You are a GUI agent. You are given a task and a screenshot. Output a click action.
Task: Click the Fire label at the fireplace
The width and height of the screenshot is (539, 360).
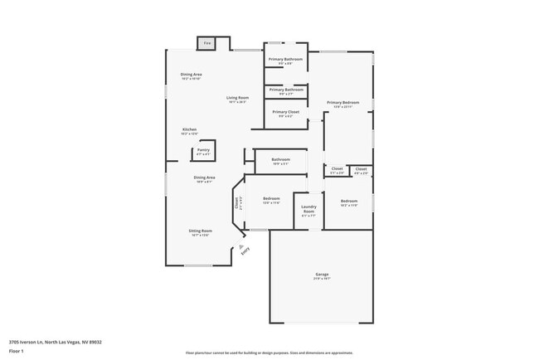[x=206, y=41]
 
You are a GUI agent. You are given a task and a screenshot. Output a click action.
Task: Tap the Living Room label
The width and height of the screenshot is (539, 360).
[x=238, y=98]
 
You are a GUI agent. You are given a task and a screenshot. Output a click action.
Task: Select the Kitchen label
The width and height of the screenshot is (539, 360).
[x=190, y=129]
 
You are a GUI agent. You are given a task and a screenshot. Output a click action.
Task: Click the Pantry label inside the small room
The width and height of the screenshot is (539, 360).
[x=203, y=150]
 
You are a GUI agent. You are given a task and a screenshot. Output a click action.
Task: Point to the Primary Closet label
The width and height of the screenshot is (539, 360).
[x=286, y=111]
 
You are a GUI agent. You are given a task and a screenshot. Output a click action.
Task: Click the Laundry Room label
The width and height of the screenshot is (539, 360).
[x=308, y=210]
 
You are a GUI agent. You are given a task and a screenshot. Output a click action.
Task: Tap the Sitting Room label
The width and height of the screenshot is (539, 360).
[x=202, y=231]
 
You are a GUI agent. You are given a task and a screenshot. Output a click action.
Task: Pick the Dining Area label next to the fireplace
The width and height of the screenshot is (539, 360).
[x=192, y=75]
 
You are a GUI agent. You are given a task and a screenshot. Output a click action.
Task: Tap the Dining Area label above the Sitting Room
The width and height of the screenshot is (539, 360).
[x=204, y=178]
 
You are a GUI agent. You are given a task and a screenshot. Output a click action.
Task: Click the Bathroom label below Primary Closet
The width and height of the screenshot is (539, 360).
[x=280, y=159]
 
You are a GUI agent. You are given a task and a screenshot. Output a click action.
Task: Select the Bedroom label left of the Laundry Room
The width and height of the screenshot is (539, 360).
[x=272, y=199]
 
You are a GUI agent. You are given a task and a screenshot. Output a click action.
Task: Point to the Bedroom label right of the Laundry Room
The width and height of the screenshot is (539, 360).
[x=348, y=202]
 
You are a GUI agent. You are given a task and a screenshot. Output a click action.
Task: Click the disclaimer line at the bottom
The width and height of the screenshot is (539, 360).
[x=269, y=353]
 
